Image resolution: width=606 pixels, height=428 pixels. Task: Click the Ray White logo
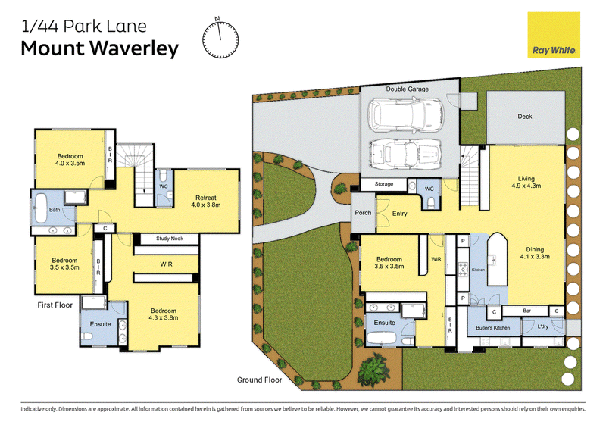pyautogui.click(x=554, y=35)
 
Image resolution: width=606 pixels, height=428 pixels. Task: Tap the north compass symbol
pyautogui.click(x=220, y=39)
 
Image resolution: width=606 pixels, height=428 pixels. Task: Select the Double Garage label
pyautogui.click(x=408, y=89)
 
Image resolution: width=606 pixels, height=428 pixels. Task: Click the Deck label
pyautogui.click(x=525, y=117)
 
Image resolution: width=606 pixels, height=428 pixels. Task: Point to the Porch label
pyautogui.click(x=363, y=213)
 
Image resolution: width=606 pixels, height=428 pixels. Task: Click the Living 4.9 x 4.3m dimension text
pyautogui.click(x=526, y=186)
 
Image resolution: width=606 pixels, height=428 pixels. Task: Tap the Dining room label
pyautogui.click(x=535, y=249)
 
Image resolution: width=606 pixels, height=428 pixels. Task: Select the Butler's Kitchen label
pyautogui.click(x=493, y=327)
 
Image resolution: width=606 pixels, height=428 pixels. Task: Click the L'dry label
pyautogui.click(x=542, y=326)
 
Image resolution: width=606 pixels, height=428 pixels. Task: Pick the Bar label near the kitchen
pyautogui.click(x=526, y=311)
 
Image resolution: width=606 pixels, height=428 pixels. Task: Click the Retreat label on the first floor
pyautogui.click(x=205, y=198)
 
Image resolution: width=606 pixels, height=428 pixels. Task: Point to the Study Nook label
pyautogui.click(x=170, y=239)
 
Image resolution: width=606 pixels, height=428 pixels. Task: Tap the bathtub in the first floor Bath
pyautogui.click(x=41, y=208)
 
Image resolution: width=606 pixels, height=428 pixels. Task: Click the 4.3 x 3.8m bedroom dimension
pyautogui.click(x=164, y=318)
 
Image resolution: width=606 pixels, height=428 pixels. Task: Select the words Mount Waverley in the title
pyautogui.click(x=100, y=48)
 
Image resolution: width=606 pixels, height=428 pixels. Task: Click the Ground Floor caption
pyautogui.click(x=259, y=380)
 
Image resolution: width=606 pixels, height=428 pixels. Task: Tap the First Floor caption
pyautogui.click(x=55, y=305)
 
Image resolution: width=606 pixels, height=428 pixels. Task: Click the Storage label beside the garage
pyautogui.click(x=384, y=184)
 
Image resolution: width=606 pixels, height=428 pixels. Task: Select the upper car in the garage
pyautogui.click(x=406, y=114)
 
